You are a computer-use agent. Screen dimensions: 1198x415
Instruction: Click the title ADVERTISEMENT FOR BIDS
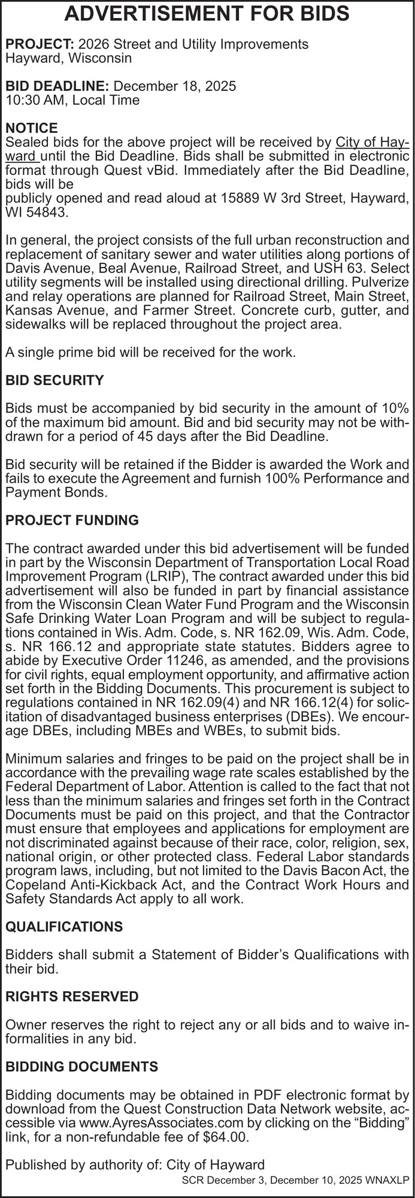pos(207,14)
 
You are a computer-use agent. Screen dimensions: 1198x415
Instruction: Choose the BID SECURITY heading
pos(54,380)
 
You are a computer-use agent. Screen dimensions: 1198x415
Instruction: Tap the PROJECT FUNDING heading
pos(72,521)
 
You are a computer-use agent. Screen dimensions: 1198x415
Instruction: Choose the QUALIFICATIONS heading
pos(64,927)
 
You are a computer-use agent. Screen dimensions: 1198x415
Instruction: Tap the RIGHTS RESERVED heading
pos(72,997)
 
